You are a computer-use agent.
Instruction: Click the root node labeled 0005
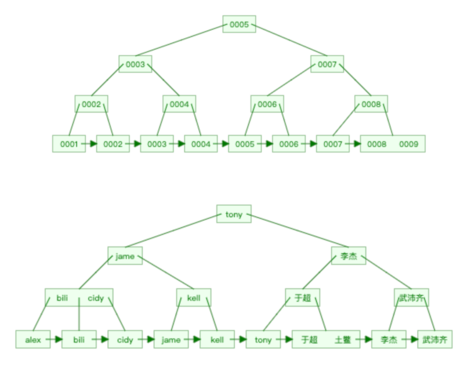click(239, 24)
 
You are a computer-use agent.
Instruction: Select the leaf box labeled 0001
click(68, 144)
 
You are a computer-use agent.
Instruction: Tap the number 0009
click(408, 144)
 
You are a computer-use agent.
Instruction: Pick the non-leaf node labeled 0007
click(327, 64)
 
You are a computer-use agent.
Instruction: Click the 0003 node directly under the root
click(135, 64)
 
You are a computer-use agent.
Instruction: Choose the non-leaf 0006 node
click(267, 104)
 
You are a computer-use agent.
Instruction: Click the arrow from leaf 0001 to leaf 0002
click(90, 144)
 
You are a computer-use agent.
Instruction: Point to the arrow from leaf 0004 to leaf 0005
click(223, 144)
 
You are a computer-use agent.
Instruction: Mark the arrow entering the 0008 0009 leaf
click(354, 144)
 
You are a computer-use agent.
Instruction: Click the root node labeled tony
click(234, 214)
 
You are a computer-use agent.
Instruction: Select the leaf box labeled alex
click(33, 340)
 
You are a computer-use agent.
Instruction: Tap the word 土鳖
click(343, 340)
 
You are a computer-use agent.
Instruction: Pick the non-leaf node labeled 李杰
click(349, 256)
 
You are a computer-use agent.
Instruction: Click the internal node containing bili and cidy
click(79, 298)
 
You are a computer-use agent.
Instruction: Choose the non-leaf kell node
click(194, 298)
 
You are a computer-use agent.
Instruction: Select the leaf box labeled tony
click(263, 340)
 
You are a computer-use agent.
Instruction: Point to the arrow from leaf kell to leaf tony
click(240, 340)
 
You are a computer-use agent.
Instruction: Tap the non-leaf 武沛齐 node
click(411, 298)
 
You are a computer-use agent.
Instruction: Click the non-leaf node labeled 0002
click(91, 104)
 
